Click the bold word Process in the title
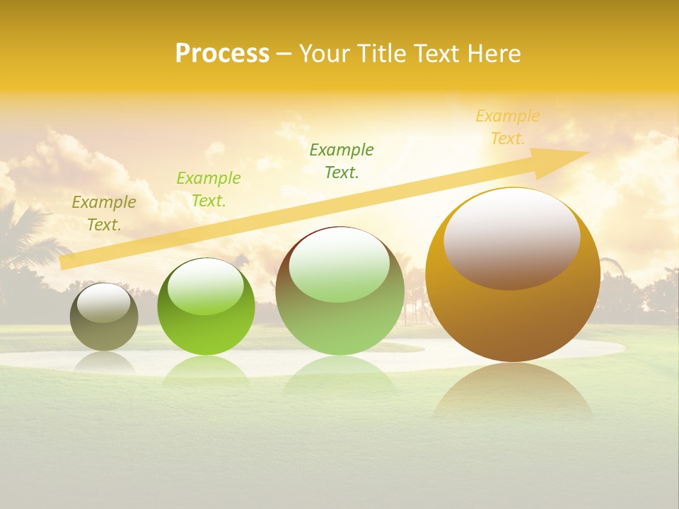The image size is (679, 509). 222,53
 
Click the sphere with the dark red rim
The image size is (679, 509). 340,291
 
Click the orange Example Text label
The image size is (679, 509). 508,127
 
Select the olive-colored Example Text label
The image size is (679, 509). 104,213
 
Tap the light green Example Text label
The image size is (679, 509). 209,189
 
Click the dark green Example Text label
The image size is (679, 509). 342,160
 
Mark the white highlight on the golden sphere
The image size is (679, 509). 512,238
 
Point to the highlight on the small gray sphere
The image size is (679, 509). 104,303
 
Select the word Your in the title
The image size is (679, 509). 323,53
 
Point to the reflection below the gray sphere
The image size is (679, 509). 104,361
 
